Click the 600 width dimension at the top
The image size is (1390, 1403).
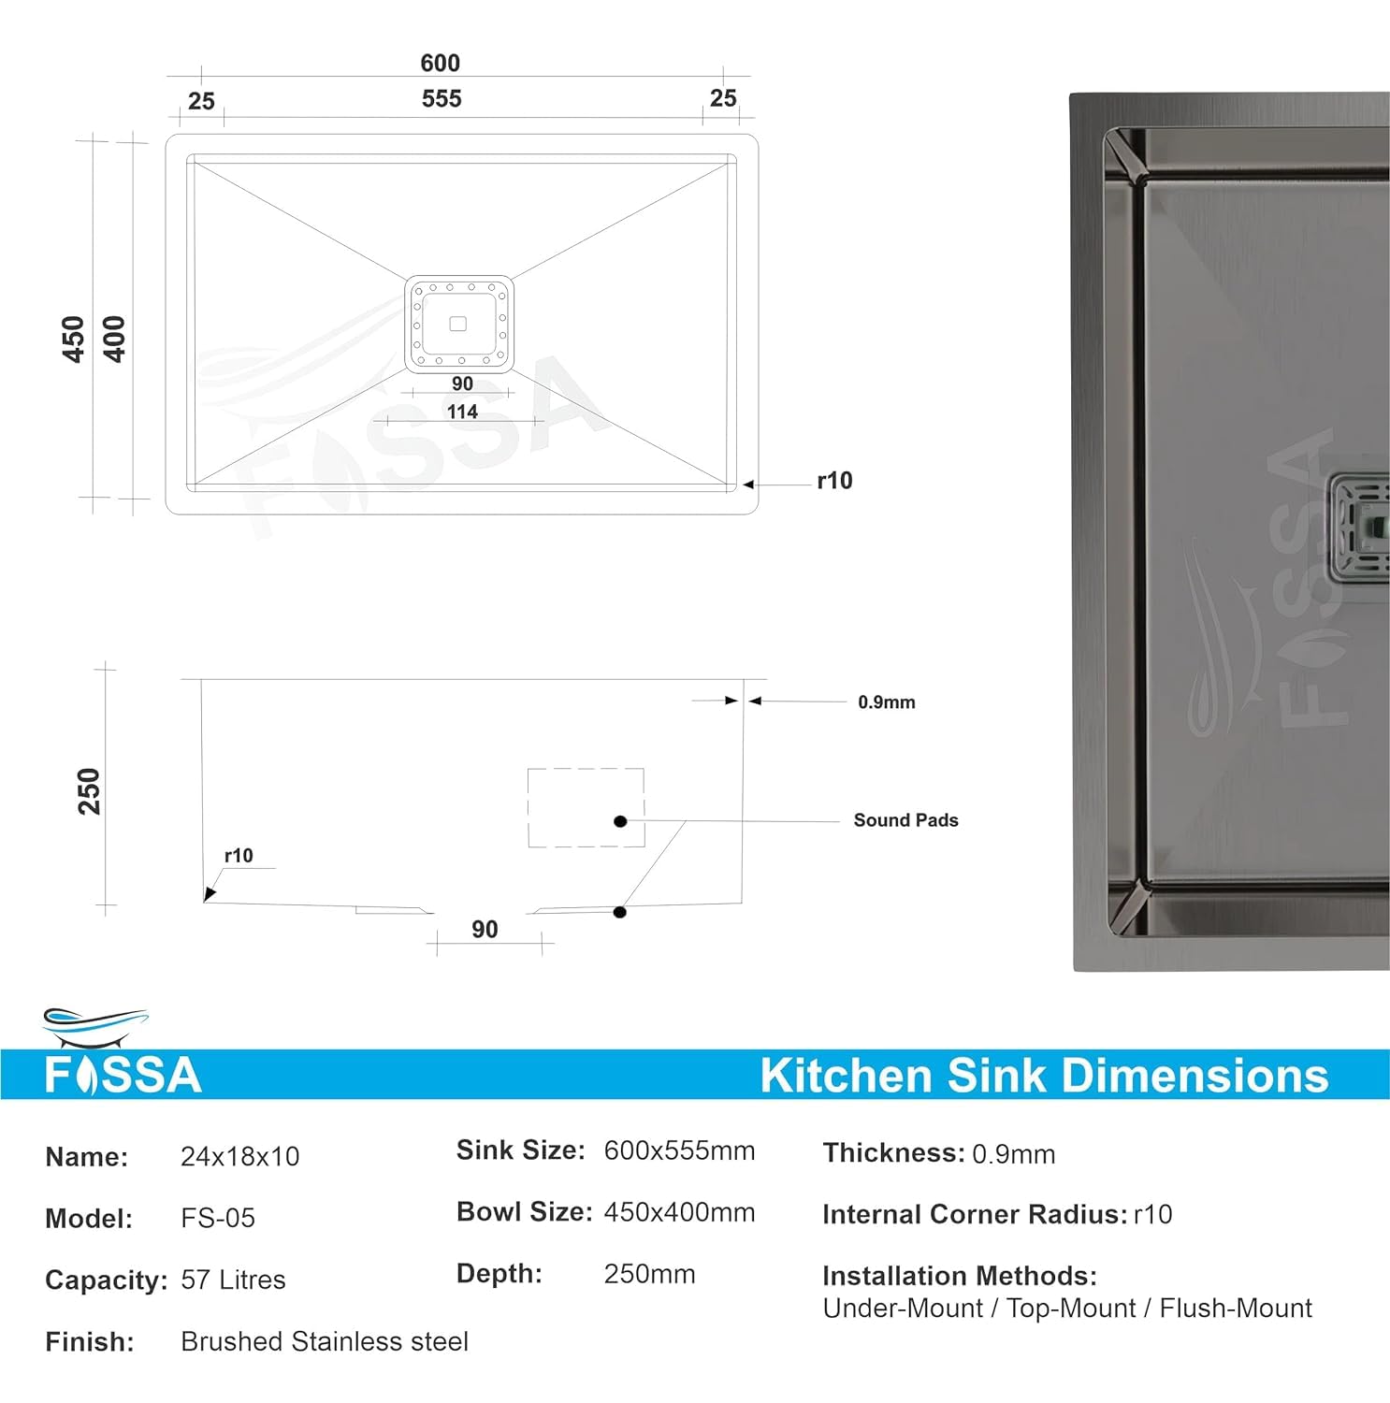tap(440, 63)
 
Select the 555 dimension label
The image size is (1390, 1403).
tap(441, 98)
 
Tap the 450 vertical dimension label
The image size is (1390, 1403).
tap(73, 339)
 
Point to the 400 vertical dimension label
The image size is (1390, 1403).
tap(114, 339)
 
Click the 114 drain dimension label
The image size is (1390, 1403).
tap(462, 412)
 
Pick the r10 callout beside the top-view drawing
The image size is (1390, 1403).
tap(834, 481)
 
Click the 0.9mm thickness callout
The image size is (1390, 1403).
tap(886, 702)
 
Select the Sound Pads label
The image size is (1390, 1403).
tap(905, 820)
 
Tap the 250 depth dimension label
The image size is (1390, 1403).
tap(89, 791)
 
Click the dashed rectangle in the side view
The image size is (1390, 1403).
tap(586, 807)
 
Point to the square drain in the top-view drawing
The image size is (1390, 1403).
tap(458, 324)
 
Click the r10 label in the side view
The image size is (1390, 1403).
tap(239, 856)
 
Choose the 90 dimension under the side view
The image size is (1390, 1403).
tap(485, 930)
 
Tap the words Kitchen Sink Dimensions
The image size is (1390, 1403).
tap(1044, 1076)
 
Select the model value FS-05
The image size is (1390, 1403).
tap(218, 1218)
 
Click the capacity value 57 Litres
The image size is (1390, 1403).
tap(233, 1280)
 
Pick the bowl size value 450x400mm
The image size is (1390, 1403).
tap(679, 1212)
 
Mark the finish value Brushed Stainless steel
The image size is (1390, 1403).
tap(324, 1341)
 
